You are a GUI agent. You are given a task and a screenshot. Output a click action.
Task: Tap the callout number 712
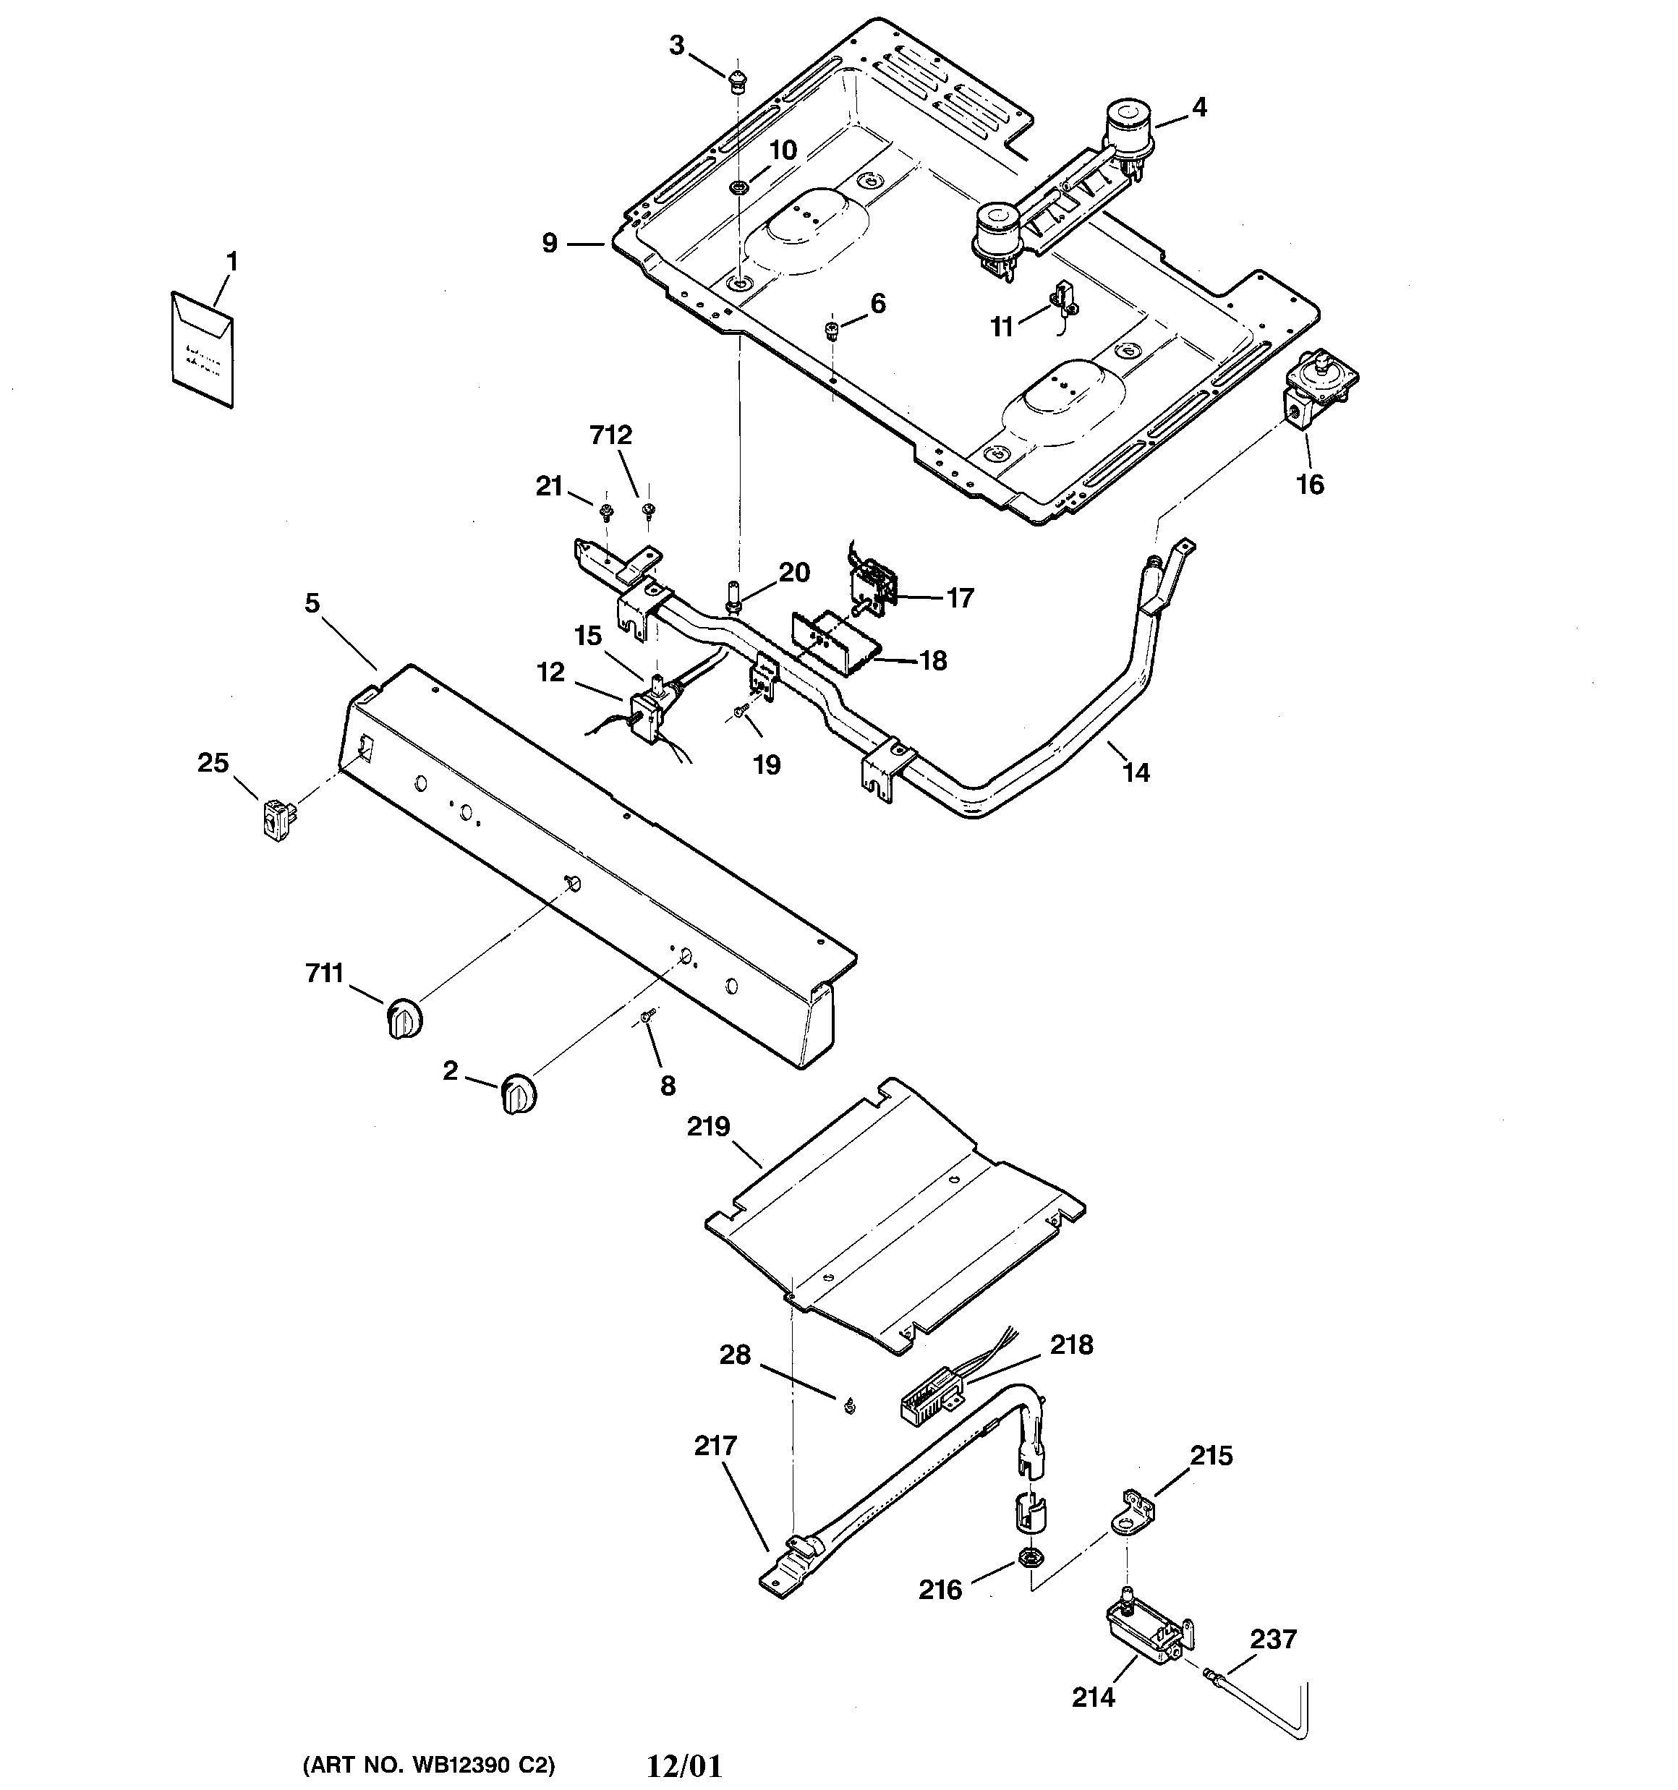(610, 436)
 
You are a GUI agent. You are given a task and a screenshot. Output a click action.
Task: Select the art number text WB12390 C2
(429, 1765)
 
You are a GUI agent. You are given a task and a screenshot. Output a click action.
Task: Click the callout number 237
(1273, 1639)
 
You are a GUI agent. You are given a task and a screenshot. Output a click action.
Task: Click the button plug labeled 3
(738, 80)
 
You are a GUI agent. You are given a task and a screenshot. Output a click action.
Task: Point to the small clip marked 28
(849, 1405)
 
